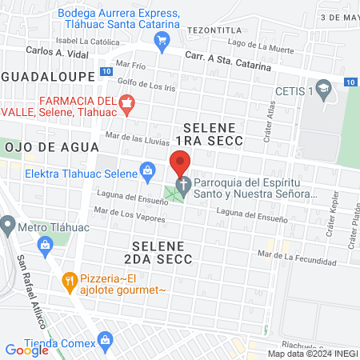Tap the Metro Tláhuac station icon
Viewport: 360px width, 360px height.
click(8, 226)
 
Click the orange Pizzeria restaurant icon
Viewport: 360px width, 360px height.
click(70, 281)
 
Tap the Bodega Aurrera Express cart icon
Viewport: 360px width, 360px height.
click(162, 40)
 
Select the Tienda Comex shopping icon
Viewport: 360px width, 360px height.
click(105, 343)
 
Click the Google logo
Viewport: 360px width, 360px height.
click(26, 350)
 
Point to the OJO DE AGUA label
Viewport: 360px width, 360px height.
click(51, 147)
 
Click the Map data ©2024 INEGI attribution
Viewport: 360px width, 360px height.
click(312, 354)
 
